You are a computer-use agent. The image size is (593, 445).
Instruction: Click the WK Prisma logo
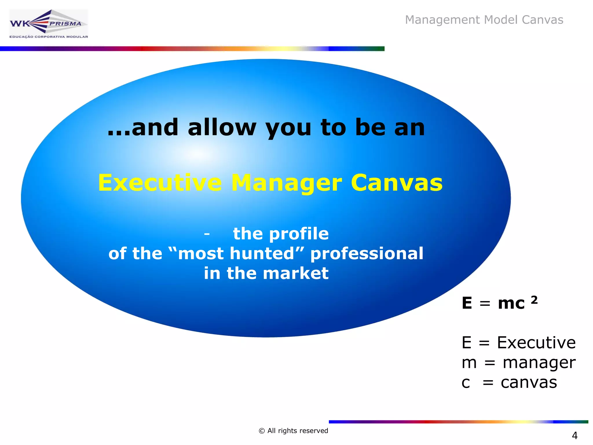(48, 24)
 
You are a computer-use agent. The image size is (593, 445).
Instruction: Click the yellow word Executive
(160, 183)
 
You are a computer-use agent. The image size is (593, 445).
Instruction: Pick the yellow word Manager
(287, 183)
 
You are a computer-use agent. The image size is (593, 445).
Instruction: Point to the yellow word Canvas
(396, 183)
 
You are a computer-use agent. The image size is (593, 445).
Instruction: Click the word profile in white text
(299, 234)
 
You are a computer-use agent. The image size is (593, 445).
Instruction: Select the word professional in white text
(367, 253)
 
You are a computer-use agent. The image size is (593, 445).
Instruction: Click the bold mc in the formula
(511, 304)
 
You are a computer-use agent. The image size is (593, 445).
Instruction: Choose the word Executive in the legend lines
(536, 343)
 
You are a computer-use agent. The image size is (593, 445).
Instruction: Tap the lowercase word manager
(539, 363)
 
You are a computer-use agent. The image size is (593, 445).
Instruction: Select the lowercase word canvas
(529, 382)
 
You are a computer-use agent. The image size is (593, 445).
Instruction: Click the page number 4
(574, 435)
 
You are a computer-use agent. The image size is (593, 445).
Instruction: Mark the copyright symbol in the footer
(262, 431)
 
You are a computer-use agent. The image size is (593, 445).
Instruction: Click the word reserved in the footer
(315, 431)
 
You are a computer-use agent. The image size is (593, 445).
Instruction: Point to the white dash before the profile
(207, 234)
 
